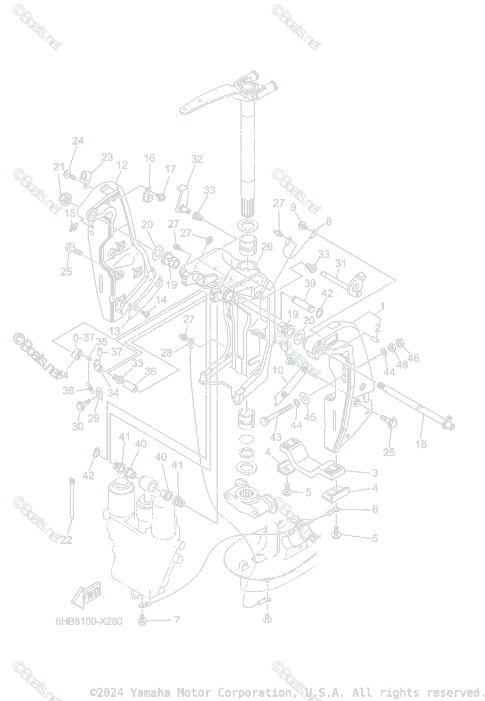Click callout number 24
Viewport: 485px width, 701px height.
(x=78, y=141)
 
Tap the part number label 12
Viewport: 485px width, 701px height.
(x=121, y=165)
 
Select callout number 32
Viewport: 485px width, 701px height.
(x=197, y=159)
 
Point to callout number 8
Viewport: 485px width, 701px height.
(x=329, y=221)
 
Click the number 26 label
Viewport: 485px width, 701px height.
(x=266, y=247)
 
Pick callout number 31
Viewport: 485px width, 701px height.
(x=340, y=263)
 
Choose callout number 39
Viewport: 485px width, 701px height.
(x=310, y=283)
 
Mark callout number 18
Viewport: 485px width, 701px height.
(x=421, y=444)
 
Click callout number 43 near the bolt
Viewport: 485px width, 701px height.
(x=275, y=437)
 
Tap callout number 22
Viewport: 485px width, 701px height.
(x=66, y=540)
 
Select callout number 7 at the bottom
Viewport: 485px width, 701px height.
(x=177, y=619)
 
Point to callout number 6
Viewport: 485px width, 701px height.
(x=375, y=509)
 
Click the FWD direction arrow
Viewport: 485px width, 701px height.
(x=85, y=596)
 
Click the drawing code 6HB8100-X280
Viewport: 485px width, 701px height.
(x=89, y=621)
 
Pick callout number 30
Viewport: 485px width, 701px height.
(x=78, y=427)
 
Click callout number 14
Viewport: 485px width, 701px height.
(x=161, y=300)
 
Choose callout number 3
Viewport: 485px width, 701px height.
(x=375, y=473)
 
